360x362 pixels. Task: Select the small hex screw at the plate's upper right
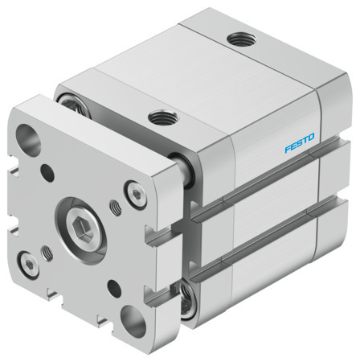tap(132, 192)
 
